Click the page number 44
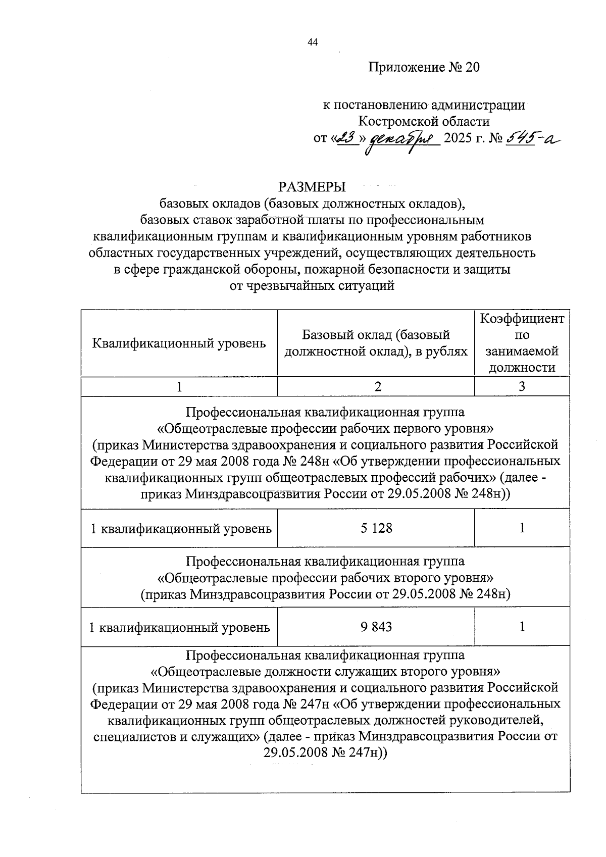312,43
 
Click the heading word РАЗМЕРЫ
312,187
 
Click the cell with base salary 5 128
376,528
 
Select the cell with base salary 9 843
376,627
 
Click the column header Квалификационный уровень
179,343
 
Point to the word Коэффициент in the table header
522,319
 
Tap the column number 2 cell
376,386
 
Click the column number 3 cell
522,386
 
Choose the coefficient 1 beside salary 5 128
522,528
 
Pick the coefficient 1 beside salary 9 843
522,627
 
